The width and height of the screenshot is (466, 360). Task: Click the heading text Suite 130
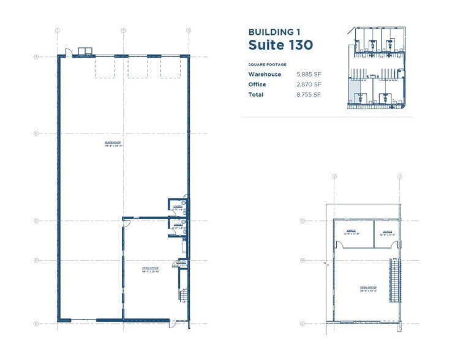click(x=280, y=45)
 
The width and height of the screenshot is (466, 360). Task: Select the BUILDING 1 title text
click(x=273, y=31)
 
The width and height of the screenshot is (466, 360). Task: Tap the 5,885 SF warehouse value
click(x=309, y=75)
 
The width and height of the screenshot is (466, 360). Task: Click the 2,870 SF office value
click(x=309, y=84)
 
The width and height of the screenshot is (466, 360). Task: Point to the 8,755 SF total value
click(x=309, y=95)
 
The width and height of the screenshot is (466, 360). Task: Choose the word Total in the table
click(x=255, y=95)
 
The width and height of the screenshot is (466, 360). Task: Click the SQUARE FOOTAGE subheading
click(x=267, y=64)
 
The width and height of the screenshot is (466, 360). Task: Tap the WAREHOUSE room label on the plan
click(x=112, y=144)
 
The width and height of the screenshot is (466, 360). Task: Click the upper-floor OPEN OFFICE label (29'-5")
click(x=368, y=288)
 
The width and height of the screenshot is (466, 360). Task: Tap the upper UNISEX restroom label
click(x=177, y=208)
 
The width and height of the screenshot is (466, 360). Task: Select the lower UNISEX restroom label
click(x=177, y=226)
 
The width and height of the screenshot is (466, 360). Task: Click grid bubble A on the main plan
click(x=37, y=58)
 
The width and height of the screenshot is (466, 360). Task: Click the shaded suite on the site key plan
click(x=353, y=93)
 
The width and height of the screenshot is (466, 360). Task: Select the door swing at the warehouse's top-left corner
click(x=69, y=52)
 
